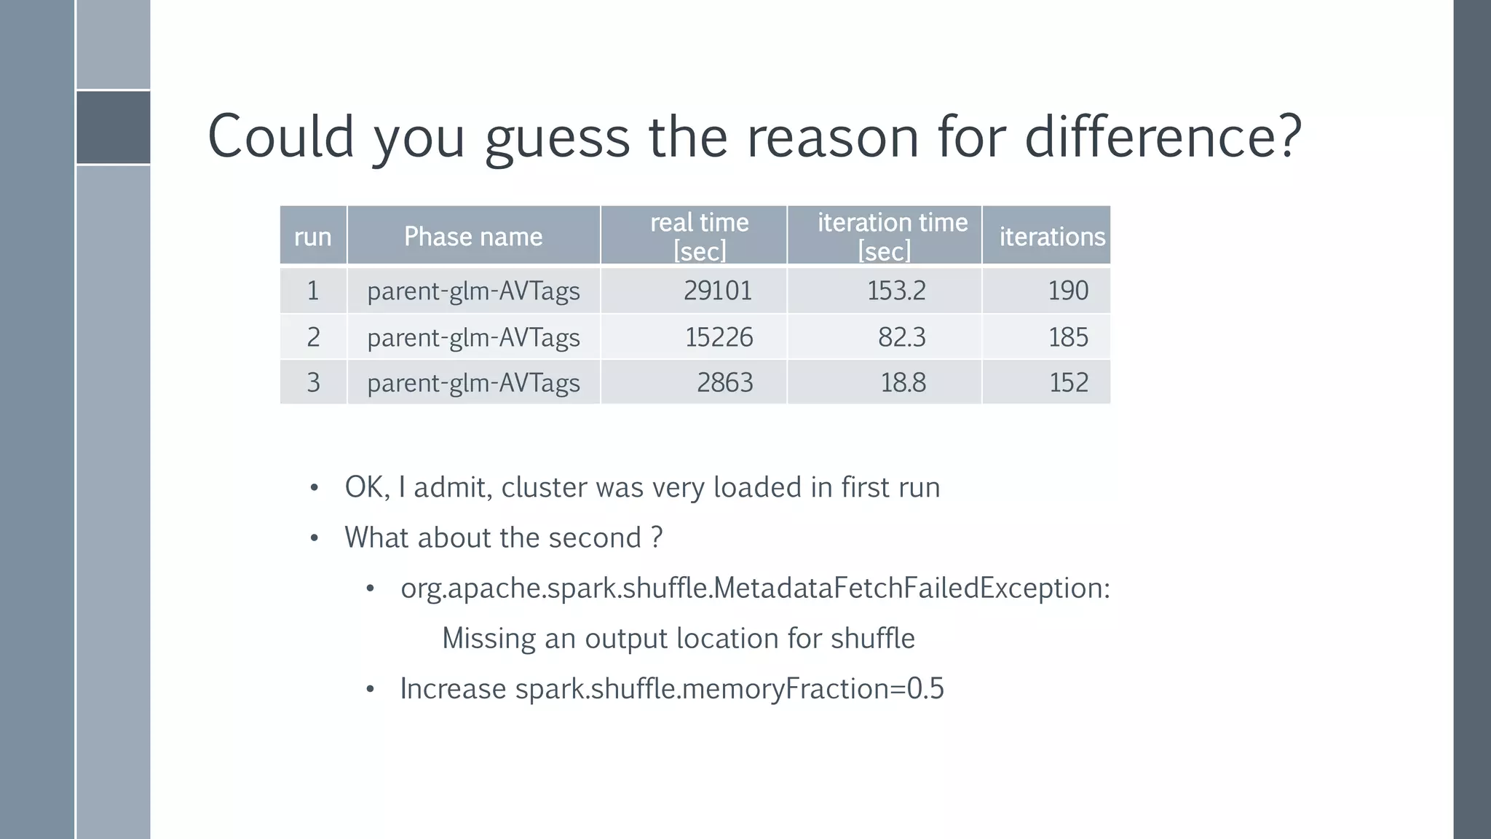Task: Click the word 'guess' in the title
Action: click(x=557, y=138)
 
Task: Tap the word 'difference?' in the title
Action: click(x=1163, y=137)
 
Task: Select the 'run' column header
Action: click(x=313, y=237)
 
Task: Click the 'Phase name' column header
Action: click(x=473, y=237)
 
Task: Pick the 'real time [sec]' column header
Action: click(x=699, y=237)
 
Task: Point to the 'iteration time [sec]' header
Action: click(x=892, y=237)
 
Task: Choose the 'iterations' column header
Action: click(x=1052, y=237)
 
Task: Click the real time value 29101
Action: click(x=717, y=291)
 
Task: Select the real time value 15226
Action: click(x=719, y=337)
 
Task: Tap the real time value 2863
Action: click(x=724, y=382)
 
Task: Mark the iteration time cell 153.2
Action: click(x=896, y=291)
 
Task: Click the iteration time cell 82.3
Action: click(x=901, y=337)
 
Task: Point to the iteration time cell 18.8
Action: click(x=903, y=382)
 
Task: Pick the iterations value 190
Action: click(x=1068, y=291)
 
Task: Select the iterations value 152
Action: click(x=1068, y=382)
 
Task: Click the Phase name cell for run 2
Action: click(x=473, y=337)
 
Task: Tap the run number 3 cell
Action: click(x=313, y=382)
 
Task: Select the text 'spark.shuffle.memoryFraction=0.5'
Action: click(x=729, y=688)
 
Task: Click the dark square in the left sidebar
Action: click(x=114, y=127)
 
